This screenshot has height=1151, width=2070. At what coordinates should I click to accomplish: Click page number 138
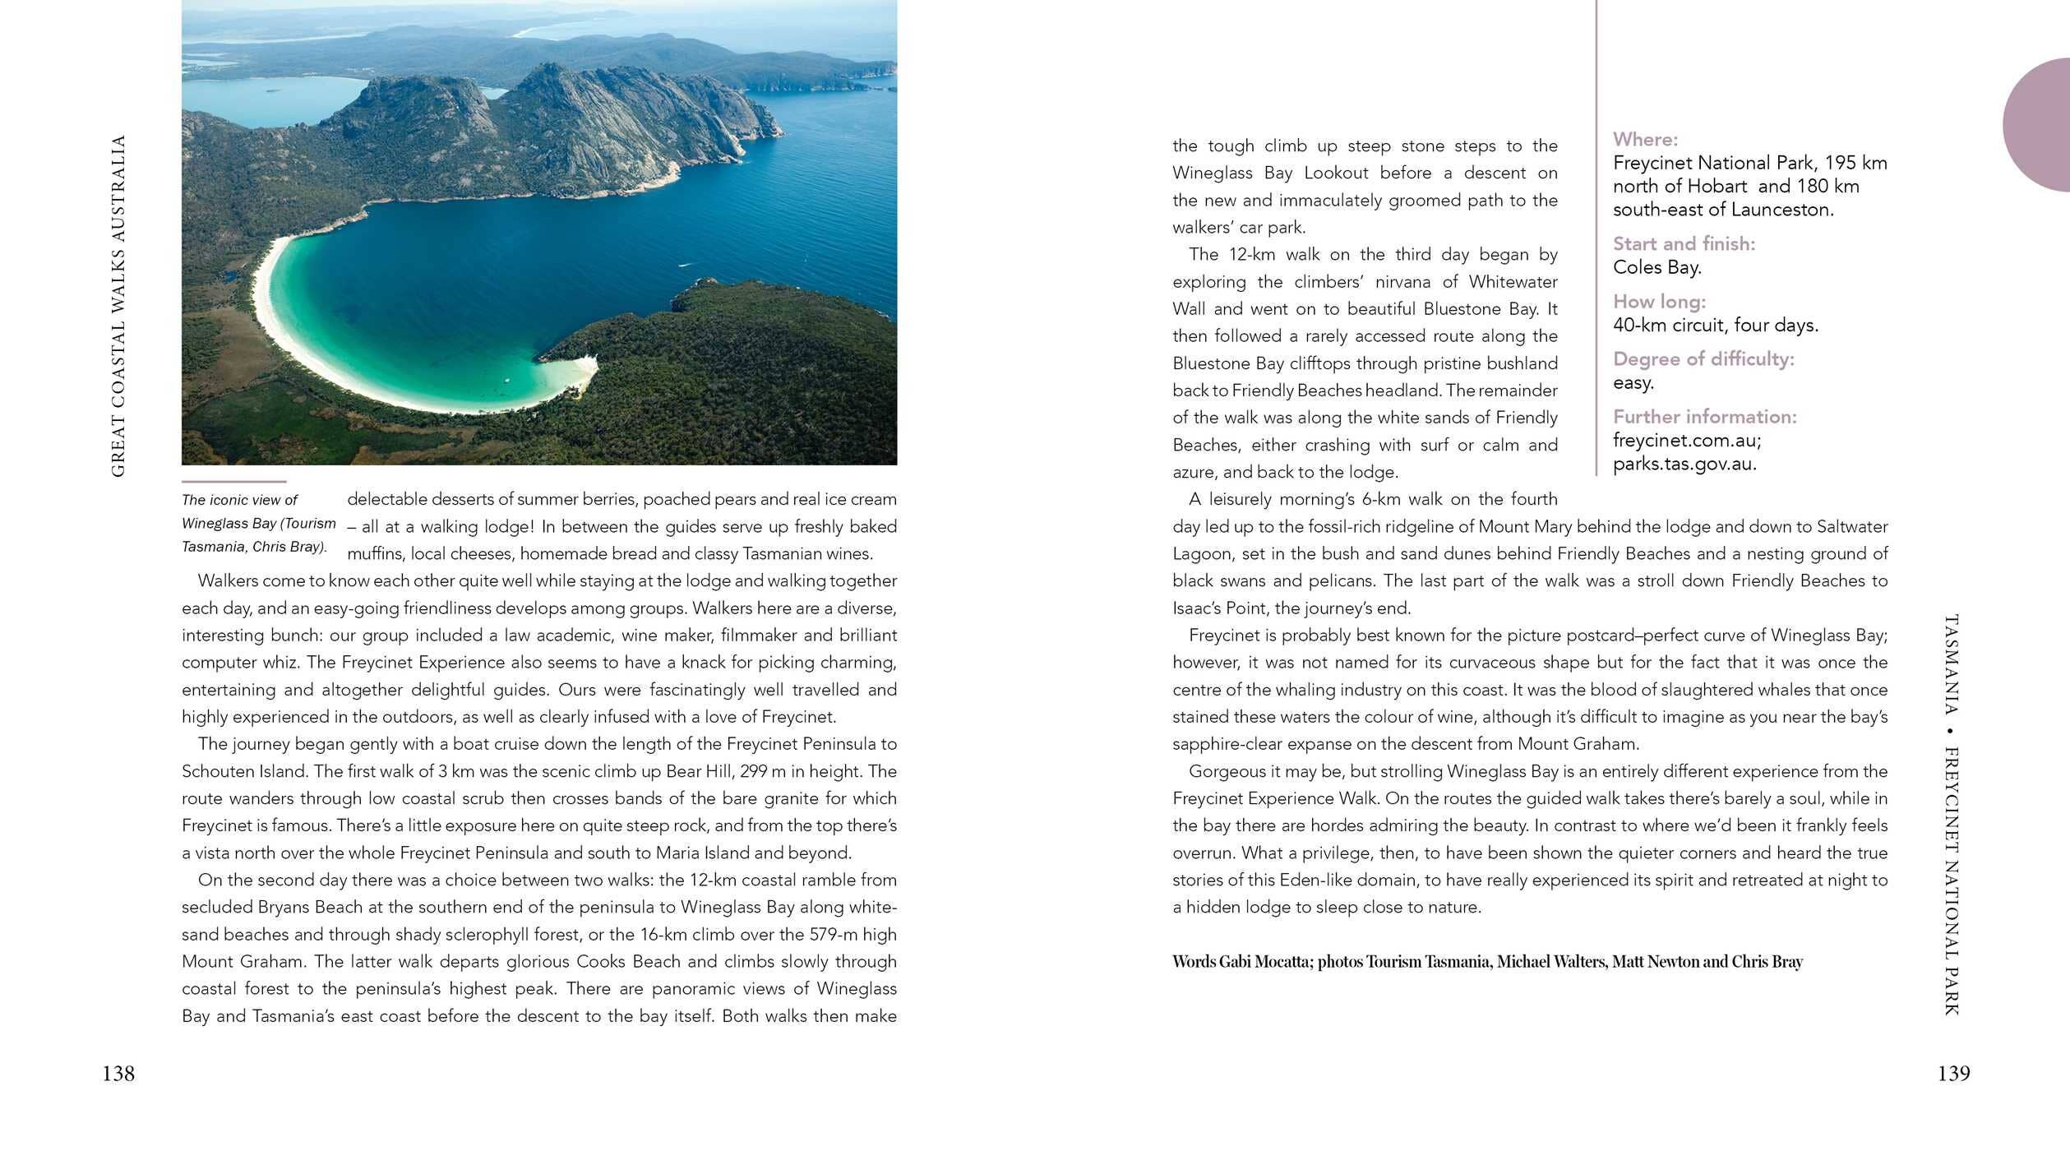click(118, 1074)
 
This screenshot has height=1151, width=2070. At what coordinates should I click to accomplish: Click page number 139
click(1953, 1074)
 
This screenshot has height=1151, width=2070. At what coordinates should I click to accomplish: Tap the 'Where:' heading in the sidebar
click(1645, 140)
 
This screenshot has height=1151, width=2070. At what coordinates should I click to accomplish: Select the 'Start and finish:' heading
click(1683, 244)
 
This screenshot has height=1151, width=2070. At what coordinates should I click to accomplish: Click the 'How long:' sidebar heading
click(1659, 302)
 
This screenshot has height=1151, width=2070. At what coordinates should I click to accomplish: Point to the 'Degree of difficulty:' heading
click(1703, 359)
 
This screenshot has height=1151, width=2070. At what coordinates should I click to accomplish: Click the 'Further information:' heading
click(1704, 417)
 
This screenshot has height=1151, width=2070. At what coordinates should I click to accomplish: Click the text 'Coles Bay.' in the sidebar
click(1656, 267)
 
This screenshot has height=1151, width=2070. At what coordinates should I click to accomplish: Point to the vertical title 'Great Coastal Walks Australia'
click(118, 306)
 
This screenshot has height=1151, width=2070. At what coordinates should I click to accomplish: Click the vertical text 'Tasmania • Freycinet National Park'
click(1952, 814)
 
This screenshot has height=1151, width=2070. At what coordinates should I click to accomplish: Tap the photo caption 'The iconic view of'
click(239, 500)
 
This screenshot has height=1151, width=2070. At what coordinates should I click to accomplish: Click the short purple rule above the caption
click(233, 482)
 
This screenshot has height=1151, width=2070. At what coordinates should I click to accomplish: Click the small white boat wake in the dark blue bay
click(684, 265)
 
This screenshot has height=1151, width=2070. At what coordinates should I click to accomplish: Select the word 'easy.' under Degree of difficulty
click(1633, 383)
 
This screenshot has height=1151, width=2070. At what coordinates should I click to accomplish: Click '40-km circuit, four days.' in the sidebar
click(1715, 326)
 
